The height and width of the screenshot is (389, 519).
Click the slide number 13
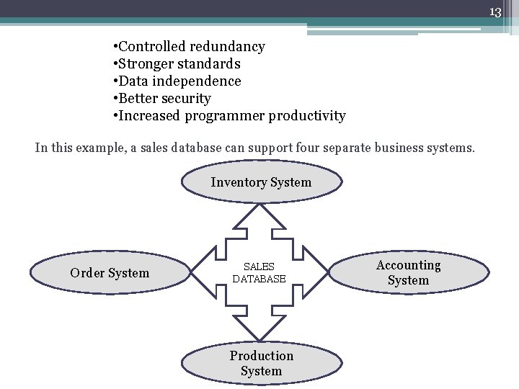pyautogui.click(x=495, y=12)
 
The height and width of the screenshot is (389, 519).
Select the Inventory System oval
pyautogui.click(x=261, y=182)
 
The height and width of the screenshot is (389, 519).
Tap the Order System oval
pyautogui.click(x=110, y=273)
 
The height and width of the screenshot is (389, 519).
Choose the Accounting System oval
pyautogui.click(x=408, y=273)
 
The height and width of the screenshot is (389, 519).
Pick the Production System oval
pyautogui.click(x=261, y=363)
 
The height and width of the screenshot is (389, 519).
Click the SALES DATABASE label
pyautogui.click(x=259, y=273)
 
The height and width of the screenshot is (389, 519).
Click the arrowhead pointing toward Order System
pyautogui.click(x=203, y=273)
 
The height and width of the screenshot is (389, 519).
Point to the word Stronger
pyautogui.click(x=147, y=64)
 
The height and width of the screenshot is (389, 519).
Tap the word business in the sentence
pyautogui.click(x=401, y=148)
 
